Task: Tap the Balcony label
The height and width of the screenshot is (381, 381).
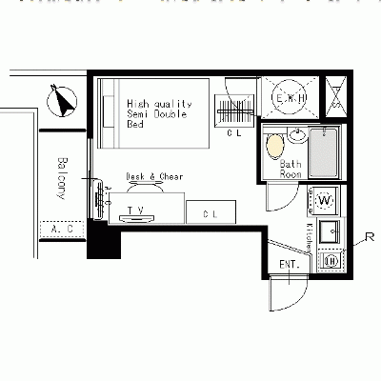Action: [61, 178]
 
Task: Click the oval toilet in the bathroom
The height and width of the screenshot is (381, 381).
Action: [275, 147]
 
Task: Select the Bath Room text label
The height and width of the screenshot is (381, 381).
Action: [291, 169]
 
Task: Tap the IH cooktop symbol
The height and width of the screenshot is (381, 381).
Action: [331, 260]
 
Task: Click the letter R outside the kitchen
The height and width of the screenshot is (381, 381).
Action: [369, 236]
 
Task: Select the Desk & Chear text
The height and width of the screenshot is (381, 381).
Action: [154, 177]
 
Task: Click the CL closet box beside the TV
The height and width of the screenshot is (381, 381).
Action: [211, 213]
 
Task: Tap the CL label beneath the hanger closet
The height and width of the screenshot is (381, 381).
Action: [234, 134]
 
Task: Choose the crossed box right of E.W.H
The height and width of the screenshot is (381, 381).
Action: [337, 97]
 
